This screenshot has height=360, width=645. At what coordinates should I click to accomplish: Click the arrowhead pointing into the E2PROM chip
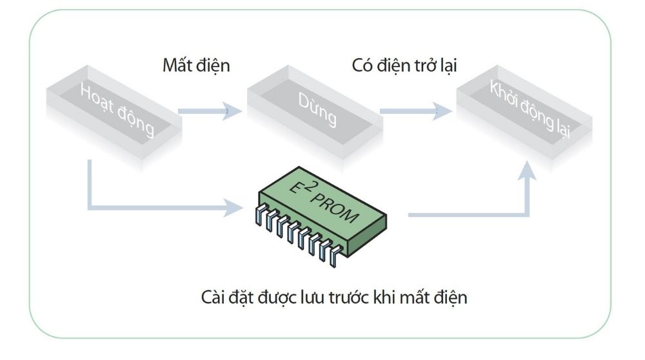click(x=233, y=208)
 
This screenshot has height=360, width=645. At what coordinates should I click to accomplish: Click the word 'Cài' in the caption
click(x=213, y=299)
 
